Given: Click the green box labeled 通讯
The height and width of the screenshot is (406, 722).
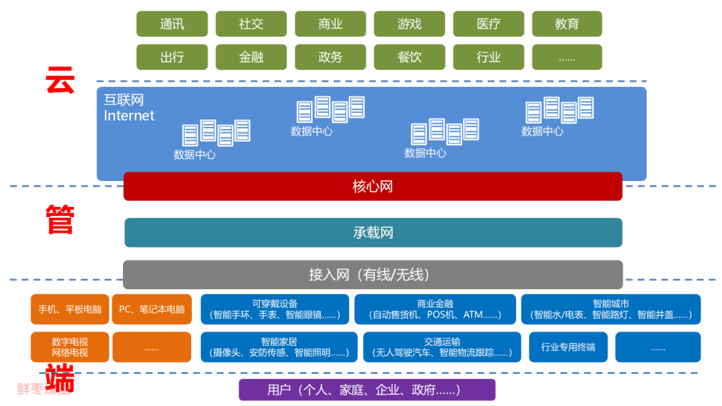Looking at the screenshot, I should coord(172,24).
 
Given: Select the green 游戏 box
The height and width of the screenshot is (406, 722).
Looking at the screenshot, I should coord(409,24).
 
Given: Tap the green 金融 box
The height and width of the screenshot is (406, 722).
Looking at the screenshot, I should coord(251,57).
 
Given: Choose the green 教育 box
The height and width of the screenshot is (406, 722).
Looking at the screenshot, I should coord(567,24).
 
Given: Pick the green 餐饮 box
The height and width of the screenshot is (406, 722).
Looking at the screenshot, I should coord(409,57).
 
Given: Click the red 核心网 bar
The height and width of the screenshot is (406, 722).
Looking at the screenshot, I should coord(372,186).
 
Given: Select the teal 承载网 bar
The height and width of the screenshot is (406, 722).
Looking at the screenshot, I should coord(373,232).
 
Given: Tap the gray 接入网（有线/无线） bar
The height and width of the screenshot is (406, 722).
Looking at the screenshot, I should coord(372,274).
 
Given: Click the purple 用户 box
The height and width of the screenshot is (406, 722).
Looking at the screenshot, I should coord(367,390).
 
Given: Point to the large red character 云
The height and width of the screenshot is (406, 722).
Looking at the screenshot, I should coord(59,81).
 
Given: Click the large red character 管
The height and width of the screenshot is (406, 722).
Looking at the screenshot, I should coord(59,220).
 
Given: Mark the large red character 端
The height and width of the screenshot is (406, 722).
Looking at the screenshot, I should coord(59,379).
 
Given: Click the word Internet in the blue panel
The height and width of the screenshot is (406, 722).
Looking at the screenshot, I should coord(129,116).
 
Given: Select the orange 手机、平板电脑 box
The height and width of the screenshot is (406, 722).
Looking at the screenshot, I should coord(70,309).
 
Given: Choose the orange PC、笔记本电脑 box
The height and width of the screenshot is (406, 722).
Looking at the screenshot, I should coord(152,309).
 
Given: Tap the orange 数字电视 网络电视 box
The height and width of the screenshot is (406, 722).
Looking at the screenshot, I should coord(70,347).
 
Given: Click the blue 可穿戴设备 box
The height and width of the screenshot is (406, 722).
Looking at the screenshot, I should coord(275,309).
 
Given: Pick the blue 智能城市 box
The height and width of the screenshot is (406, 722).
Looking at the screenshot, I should coord(611,309).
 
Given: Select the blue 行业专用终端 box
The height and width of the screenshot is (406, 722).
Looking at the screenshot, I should coord(568,347).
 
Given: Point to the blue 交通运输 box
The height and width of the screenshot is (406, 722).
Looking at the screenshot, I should coord(442,347).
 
